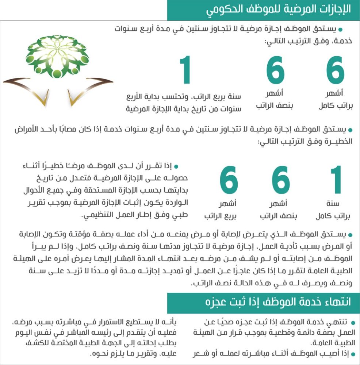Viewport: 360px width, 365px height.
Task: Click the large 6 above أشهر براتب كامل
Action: click(335, 72)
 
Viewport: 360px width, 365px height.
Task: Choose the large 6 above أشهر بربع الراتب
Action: click(229, 181)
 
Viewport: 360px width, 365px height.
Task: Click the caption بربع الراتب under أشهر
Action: click(221, 216)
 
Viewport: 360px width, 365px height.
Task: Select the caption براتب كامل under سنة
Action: click(333, 216)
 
